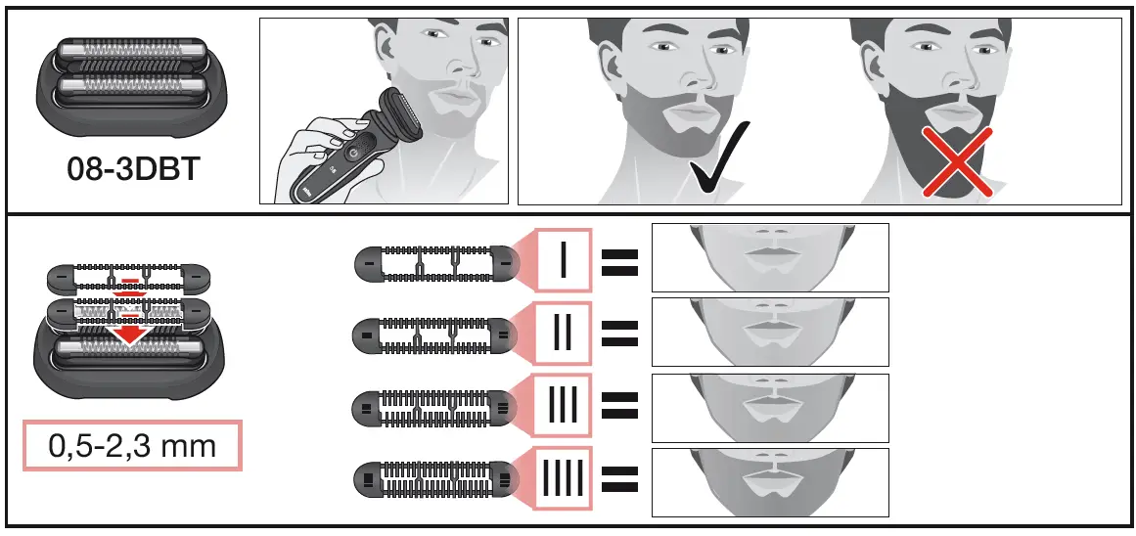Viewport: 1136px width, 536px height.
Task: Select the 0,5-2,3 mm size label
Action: [132, 447]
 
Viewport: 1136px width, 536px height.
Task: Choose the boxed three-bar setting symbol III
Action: [565, 404]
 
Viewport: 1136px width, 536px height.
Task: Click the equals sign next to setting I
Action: [619, 260]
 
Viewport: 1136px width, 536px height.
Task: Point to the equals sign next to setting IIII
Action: [619, 478]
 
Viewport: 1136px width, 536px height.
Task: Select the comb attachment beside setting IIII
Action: [434, 479]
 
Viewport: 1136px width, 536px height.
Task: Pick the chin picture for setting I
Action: [769, 257]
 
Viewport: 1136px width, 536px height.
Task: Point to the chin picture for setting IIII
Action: [769, 481]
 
